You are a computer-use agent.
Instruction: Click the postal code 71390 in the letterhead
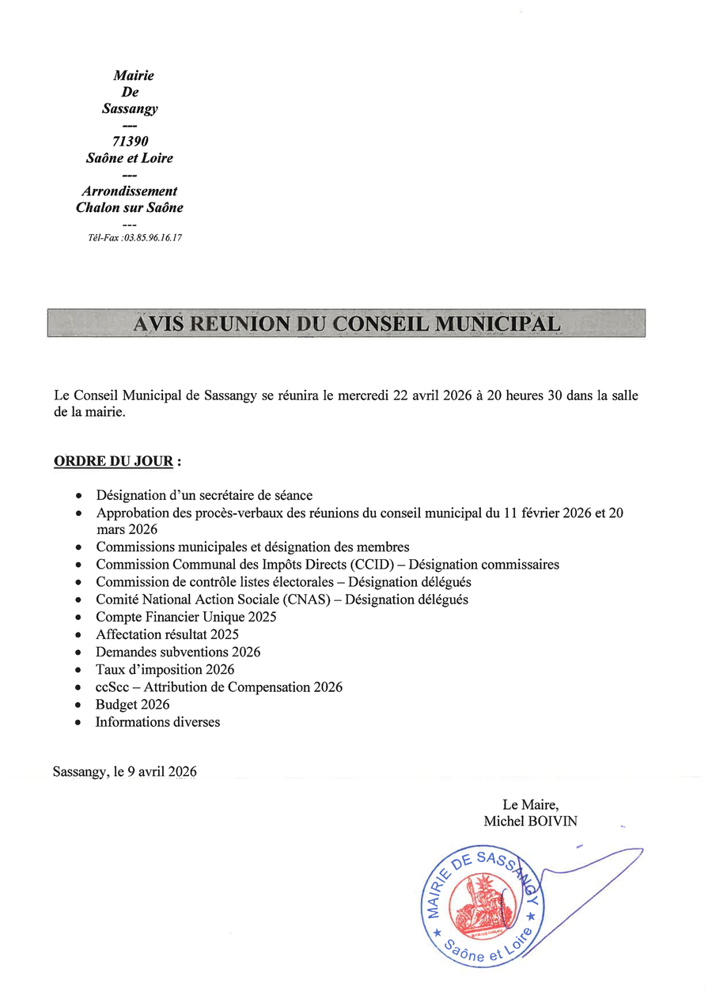point(131,142)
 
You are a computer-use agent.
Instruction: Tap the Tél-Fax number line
point(135,238)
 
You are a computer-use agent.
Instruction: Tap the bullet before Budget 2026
point(78,705)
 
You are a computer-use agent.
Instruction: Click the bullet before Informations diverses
point(78,722)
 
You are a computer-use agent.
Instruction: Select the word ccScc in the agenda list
point(112,687)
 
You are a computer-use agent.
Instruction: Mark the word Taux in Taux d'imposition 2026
point(110,670)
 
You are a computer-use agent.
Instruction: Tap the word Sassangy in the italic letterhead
point(130,109)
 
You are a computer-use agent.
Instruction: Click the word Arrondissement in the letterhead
point(130,191)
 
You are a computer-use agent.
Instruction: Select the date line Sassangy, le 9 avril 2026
point(125,772)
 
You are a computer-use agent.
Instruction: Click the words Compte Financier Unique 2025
point(186,617)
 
